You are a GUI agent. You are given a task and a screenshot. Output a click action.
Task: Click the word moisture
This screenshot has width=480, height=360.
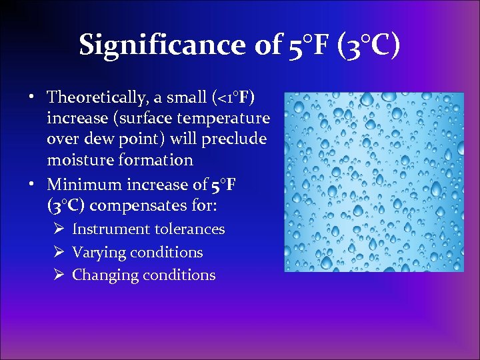coord(79,159)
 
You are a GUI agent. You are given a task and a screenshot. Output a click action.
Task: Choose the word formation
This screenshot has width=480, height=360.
coord(155,159)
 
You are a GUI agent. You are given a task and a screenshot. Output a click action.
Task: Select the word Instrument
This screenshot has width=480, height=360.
coord(111,229)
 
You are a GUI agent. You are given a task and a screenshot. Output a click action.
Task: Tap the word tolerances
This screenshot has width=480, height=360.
coord(190,229)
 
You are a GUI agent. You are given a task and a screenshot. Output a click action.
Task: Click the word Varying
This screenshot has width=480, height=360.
coord(99,253)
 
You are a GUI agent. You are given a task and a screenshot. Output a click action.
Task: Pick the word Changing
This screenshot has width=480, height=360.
coord(101,275)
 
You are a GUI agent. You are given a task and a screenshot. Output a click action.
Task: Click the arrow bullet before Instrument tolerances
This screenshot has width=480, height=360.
coord(58,229)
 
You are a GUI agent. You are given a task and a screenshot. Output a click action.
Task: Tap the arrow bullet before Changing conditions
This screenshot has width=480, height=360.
coord(58,275)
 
